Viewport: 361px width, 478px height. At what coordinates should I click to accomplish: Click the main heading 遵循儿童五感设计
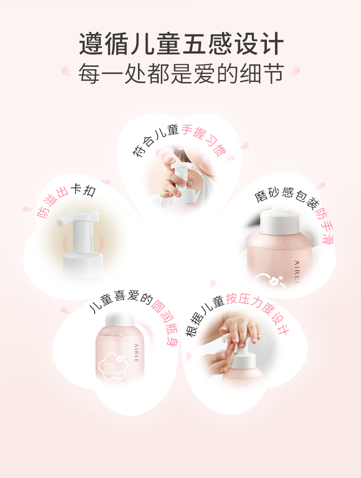click(x=181, y=44)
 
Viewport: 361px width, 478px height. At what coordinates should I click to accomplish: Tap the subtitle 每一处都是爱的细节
click(x=181, y=74)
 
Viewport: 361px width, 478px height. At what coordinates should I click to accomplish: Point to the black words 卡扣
click(x=83, y=190)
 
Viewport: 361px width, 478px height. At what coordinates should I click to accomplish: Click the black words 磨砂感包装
click(x=286, y=196)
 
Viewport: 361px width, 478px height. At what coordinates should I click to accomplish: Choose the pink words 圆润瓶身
click(x=165, y=323)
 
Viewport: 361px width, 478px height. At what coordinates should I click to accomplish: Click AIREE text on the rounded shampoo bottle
click(x=136, y=353)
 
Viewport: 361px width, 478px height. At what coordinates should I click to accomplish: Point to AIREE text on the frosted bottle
click(x=296, y=272)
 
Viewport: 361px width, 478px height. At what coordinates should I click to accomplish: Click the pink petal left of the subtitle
click(x=66, y=71)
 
